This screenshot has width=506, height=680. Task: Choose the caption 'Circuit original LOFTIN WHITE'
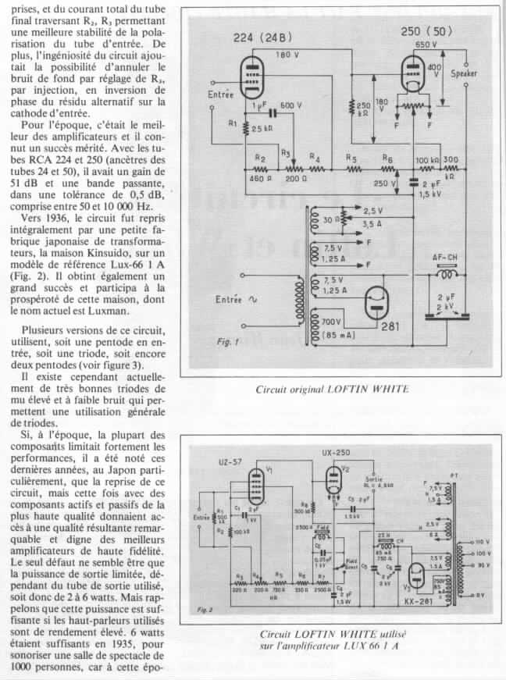point(332,388)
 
